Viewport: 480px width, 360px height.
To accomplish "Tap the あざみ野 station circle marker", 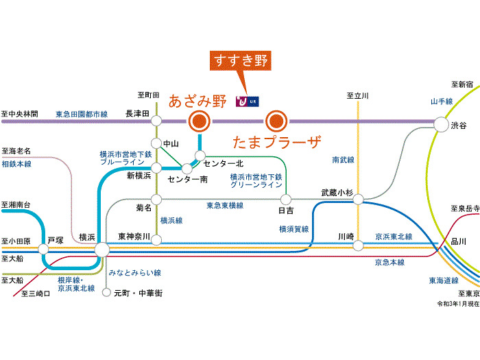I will [200, 121].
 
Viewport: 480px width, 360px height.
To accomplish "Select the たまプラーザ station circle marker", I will [276, 121].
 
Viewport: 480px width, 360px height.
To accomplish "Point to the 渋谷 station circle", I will [439, 123].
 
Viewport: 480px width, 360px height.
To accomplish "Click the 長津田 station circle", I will [156, 121].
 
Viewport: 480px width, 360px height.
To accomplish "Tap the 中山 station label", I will [171, 143].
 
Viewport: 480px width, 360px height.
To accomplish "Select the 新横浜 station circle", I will [156, 167].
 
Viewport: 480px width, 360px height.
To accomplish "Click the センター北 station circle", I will [200, 156].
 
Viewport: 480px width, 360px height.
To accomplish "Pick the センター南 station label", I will [187, 180].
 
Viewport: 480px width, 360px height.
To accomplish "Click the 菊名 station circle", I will [156, 199].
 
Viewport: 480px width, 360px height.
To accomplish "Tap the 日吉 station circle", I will [286, 200].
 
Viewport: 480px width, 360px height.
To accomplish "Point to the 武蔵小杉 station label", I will [337, 193].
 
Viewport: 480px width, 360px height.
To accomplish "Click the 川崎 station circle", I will [358, 244].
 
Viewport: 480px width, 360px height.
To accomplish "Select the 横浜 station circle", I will [102, 250].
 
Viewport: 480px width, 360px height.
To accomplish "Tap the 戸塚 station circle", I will [45, 250].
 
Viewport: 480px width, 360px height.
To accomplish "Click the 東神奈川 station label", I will [133, 235].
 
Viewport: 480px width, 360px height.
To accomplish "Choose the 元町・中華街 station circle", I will [106, 293].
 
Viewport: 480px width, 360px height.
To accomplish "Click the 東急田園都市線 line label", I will [82, 114].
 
